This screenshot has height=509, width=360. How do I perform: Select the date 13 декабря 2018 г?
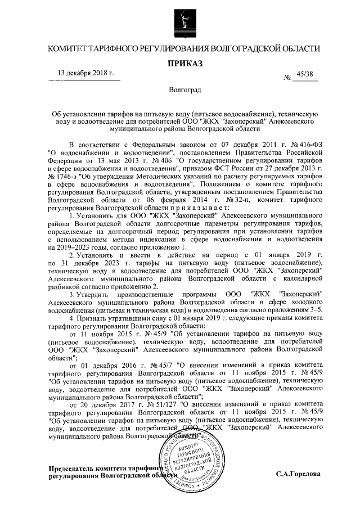click(86, 74)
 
